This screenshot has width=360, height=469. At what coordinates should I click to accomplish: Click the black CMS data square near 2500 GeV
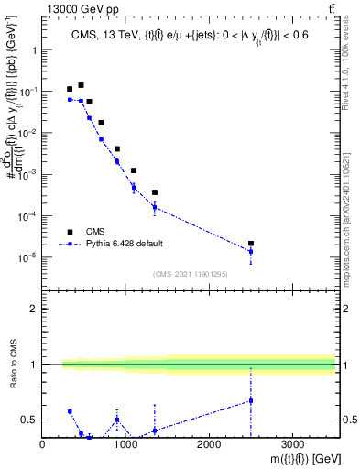pyautogui.click(x=251, y=244)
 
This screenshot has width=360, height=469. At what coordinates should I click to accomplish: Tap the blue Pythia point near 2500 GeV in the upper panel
pyautogui.click(x=251, y=251)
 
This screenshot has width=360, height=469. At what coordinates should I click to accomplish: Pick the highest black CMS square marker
pyautogui.click(x=81, y=85)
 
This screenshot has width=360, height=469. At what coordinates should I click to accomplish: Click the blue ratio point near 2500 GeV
pyautogui.click(x=251, y=400)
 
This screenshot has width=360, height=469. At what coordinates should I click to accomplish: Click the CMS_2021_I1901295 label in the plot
pyautogui.click(x=190, y=273)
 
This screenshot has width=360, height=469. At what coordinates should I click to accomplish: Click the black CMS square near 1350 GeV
pyautogui.click(x=155, y=192)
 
